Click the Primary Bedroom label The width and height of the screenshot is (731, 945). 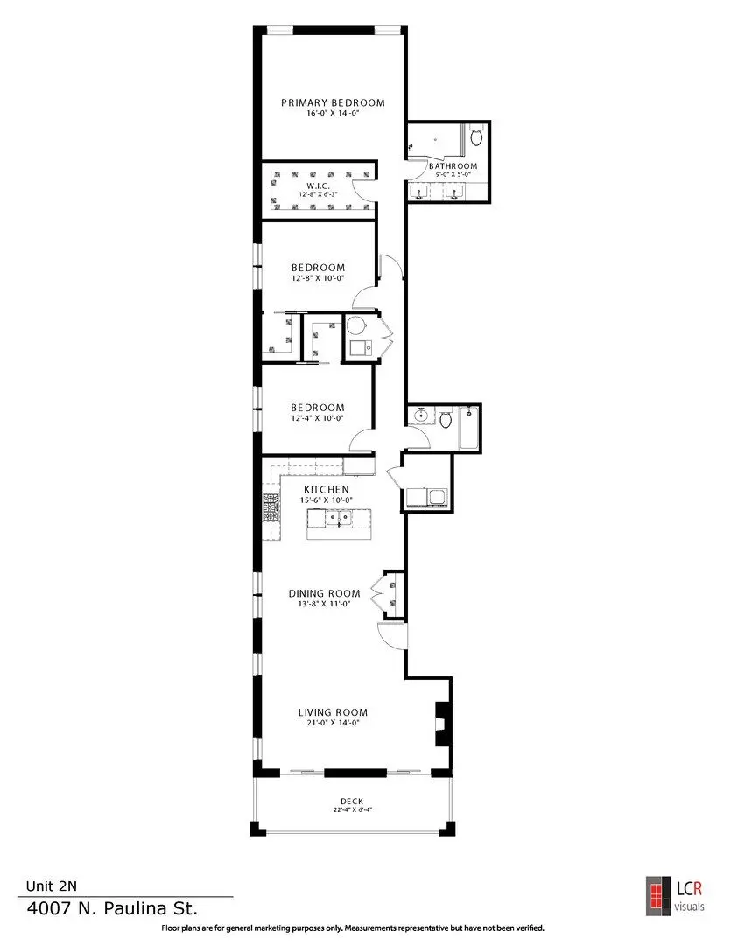(333, 103)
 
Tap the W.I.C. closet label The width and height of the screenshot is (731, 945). (318, 186)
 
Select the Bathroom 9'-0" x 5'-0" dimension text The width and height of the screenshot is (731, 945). (453, 174)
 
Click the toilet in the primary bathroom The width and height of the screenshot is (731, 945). (476, 135)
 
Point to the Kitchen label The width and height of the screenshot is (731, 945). (327, 490)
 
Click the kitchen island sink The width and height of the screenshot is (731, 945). (338, 517)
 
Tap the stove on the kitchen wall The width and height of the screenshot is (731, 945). (271, 507)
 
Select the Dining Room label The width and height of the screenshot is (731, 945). (325, 593)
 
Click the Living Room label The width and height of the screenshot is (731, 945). (333, 712)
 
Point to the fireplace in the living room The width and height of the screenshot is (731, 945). (443, 724)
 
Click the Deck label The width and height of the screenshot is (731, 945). (352, 801)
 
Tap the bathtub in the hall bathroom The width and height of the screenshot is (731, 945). (469, 428)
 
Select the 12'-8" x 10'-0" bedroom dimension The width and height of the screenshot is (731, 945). (318, 278)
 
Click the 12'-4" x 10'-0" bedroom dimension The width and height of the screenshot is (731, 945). (317, 418)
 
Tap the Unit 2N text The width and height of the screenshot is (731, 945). (52, 885)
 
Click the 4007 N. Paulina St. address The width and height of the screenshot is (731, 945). (112, 908)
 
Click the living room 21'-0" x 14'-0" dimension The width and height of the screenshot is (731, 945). (333, 723)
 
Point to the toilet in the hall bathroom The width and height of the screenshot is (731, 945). (445, 417)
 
